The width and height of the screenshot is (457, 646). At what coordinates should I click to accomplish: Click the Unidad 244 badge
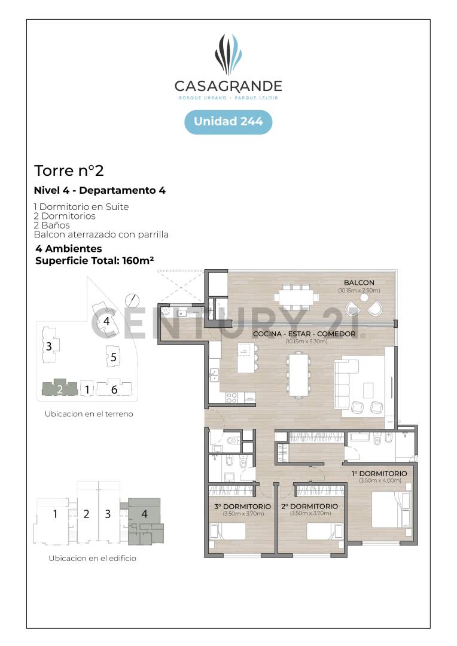228,121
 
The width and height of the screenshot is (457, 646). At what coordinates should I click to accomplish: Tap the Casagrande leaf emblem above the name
228,54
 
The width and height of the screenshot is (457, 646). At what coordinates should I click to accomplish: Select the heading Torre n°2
69,170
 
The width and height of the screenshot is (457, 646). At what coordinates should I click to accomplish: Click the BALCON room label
359,283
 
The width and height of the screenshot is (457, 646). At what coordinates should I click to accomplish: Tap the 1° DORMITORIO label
379,474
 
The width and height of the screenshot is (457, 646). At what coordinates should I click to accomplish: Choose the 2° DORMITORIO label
309,507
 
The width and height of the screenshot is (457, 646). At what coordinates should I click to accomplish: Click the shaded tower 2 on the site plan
59,388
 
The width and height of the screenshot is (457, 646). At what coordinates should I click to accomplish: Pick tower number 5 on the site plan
112,358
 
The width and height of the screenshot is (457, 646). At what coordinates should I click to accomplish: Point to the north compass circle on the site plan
132,299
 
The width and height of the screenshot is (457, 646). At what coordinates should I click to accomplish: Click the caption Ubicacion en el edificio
92,558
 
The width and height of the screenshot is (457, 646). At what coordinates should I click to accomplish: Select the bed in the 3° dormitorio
228,531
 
